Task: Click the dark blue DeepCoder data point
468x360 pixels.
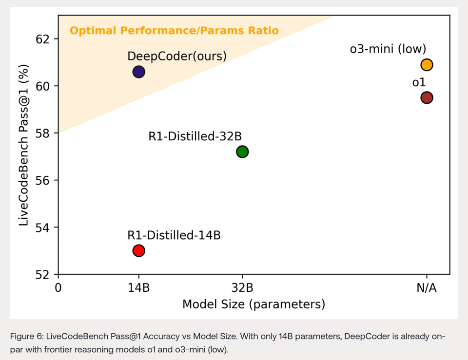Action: point(138,72)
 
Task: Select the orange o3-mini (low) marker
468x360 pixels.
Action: point(427,65)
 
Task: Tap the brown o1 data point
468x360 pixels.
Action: point(427,97)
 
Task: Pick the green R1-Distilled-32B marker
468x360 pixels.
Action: point(242,152)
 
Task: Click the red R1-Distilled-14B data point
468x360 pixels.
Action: point(138,251)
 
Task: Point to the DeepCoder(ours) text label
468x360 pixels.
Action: point(177,57)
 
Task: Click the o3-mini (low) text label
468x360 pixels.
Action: point(388,49)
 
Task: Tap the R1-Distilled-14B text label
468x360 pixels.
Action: point(174,236)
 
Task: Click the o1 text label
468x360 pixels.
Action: point(419,83)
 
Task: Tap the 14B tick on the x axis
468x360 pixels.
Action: point(138,288)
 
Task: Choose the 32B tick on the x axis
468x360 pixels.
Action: point(242,288)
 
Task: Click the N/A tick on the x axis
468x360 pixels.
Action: point(427,288)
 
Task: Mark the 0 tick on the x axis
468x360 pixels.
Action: point(58,288)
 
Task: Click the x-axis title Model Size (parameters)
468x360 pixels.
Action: point(253,305)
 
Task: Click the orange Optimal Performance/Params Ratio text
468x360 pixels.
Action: point(174,31)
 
